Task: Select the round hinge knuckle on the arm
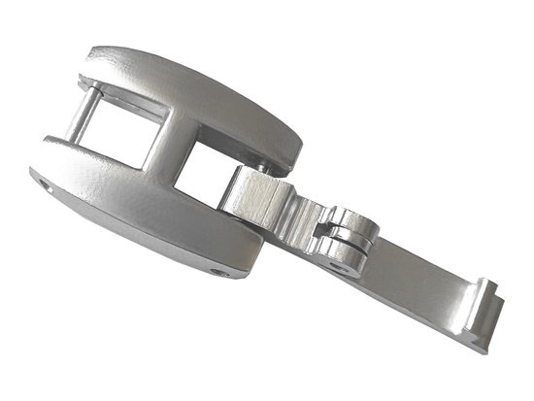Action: click(351, 232)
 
